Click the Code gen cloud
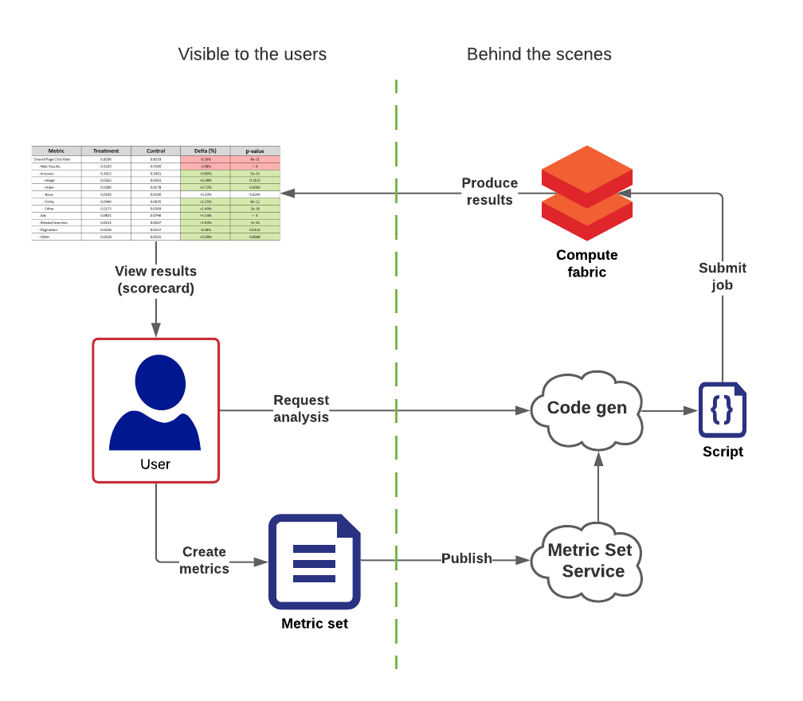tap(587, 409)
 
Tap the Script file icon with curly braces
tap(722, 410)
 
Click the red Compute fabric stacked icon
tap(586, 193)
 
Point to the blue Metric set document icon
tap(315, 562)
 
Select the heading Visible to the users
tap(252, 54)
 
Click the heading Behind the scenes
tap(539, 54)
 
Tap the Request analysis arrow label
tap(301, 408)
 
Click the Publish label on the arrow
tap(467, 558)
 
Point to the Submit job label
tap(722, 276)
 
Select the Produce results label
tap(489, 191)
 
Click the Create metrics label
tap(204, 560)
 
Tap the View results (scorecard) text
tap(155, 280)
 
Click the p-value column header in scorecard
tap(255, 151)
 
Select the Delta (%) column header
tap(205, 151)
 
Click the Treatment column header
tap(106, 151)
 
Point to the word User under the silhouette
tap(155, 464)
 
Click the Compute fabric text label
tap(586, 264)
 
